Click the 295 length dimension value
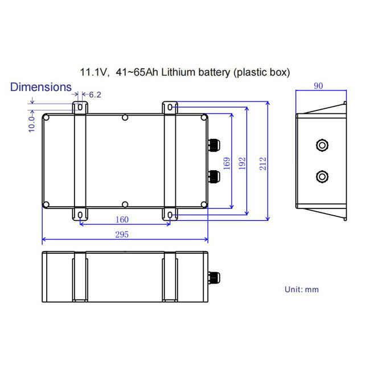click(x=122, y=235)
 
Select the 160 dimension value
click(x=122, y=220)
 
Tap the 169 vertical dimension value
click(x=227, y=163)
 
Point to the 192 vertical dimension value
click(x=242, y=163)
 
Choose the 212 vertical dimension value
click(x=261, y=163)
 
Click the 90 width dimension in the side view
click(x=319, y=86)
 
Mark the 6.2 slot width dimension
click(x=94, y=94)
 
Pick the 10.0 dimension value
click(x=31, y=122)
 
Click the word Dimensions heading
click(x=41, y=87)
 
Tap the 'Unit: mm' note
click(x=302, y=289)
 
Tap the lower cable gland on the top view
click(x=213, y=176)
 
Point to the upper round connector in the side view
click(x=322, y=145)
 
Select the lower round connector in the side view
click(x=322, y=177)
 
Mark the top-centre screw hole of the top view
click(x=125, y=118)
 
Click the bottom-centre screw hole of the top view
click(x=125, y=204)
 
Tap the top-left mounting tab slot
click(x=80, y=106)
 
